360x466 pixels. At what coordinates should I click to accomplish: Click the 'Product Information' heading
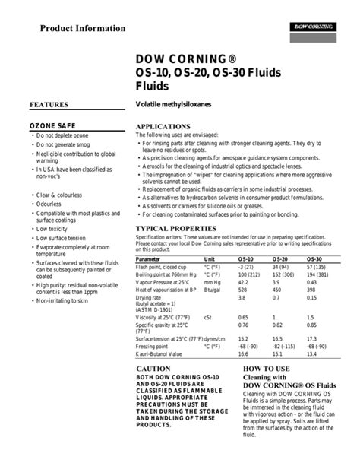(83, 29)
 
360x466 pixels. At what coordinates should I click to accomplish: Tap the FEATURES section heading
(49, 104)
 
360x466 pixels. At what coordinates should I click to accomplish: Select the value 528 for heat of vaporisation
(243, 289)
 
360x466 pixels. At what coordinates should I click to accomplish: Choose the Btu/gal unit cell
(213, 289)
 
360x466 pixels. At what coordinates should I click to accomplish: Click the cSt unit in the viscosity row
(208, 316)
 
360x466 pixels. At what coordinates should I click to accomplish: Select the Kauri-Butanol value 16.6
(244, 353)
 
